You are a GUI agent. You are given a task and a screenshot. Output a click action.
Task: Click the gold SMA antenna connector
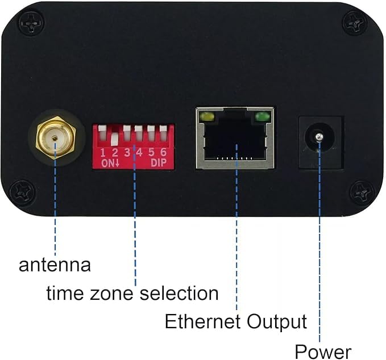[x=55, y=137]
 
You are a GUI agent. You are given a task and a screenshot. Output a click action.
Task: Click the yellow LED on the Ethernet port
[x=207, y=118]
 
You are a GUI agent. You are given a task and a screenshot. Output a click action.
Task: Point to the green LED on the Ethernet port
[x=262, y=118]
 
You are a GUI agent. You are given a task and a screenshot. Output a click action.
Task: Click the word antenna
[x=55, y=265]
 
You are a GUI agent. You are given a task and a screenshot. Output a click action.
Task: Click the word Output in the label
[x=277, y=322]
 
